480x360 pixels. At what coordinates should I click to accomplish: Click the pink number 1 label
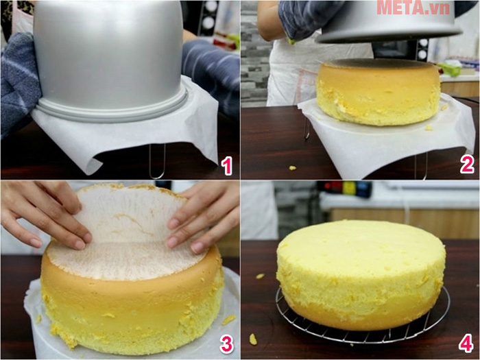coord(226,165)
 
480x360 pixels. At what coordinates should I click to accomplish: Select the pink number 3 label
coord(226,344)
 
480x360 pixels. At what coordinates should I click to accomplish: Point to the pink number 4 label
coord(467,344)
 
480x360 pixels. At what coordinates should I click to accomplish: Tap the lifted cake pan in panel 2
coord(391,21)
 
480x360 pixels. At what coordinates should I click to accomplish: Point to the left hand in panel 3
coord(41,213)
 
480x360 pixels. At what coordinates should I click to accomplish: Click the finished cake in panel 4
coord(360,274)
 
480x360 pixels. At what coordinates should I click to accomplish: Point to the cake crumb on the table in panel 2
coord(293,168)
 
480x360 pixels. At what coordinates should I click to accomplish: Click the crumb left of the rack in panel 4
coord(260,276)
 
